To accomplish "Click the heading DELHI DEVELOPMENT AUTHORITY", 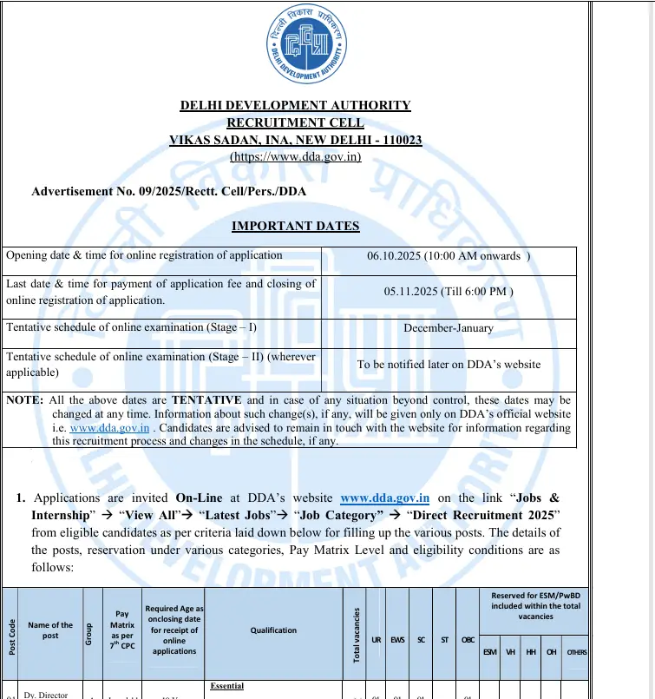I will pos(295,106).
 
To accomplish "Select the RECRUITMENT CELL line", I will pos(295,123).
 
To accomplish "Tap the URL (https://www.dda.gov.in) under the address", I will pos(295,157).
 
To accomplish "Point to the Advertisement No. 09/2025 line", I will pos(168,191).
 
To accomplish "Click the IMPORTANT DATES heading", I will pos(295,227).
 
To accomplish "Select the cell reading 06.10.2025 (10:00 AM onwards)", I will pos(449,255).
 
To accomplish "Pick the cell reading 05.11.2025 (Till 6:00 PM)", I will pos(449,292).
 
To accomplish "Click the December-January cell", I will pos(449,328).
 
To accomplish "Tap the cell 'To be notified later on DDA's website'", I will pos(449,365).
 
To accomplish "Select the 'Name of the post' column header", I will pos(50,630).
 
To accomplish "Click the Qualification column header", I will pos(274,630).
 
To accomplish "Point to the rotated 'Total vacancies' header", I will pos(356,634).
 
